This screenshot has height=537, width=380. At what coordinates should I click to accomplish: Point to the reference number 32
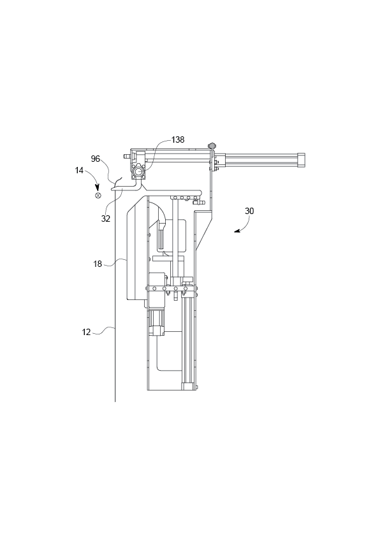(x=106, y=218)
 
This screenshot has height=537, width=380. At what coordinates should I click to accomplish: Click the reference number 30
(x=249, y=210)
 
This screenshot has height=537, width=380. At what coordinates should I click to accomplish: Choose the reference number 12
(x=86, y=331)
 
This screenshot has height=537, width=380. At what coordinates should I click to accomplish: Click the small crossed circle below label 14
(x=98, y=196)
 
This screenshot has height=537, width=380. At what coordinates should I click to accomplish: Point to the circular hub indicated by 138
(x=138, y=171)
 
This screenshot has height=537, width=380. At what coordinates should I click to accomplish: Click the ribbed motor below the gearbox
(x=157, y=322)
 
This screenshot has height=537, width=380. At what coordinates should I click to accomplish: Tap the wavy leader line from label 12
(x=103, y=330)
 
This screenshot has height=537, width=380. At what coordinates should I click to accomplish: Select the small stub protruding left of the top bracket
(x=128, y=155)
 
